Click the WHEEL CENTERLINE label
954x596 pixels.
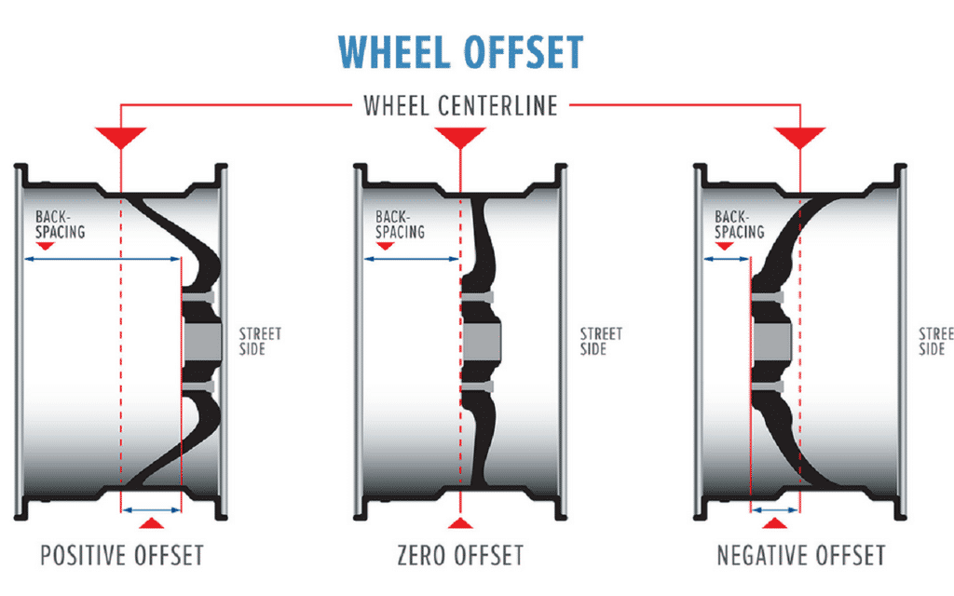tap(460, 105)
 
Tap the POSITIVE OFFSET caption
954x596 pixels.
tap(121, 556)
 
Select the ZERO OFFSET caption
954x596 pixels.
tap(460, 556)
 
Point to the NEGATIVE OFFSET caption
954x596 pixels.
tap(800, 556)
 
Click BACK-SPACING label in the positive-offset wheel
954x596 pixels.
tap(60, 223)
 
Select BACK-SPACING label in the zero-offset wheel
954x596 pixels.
tap(400, 223)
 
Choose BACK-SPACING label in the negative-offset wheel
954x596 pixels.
tap(740, 223)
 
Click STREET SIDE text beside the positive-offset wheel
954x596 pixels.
tap(260, 342)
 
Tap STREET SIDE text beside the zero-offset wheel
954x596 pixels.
tap(601, 342)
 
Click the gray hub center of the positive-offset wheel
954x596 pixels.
tap(202, 342)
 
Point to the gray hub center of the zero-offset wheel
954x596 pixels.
tap(483, 342)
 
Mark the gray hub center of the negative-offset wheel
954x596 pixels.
tap(770, 342)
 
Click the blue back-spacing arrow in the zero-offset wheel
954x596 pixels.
tap(411, 259)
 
